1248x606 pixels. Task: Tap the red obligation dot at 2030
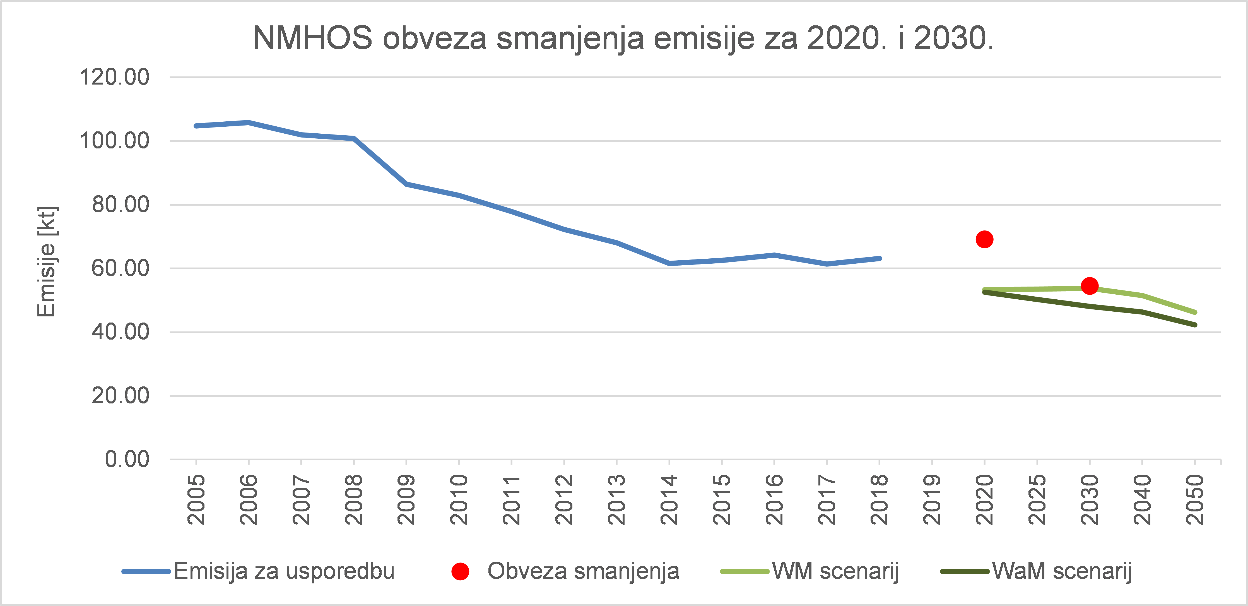(1089, 286)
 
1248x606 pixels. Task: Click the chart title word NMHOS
(312, 38)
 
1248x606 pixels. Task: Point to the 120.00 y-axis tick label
(114, 77)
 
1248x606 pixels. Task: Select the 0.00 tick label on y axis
(127, 459)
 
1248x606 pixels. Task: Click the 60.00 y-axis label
(120, 268)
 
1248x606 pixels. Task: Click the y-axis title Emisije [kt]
(47, 262)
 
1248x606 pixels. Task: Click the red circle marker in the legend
(460, 571)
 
